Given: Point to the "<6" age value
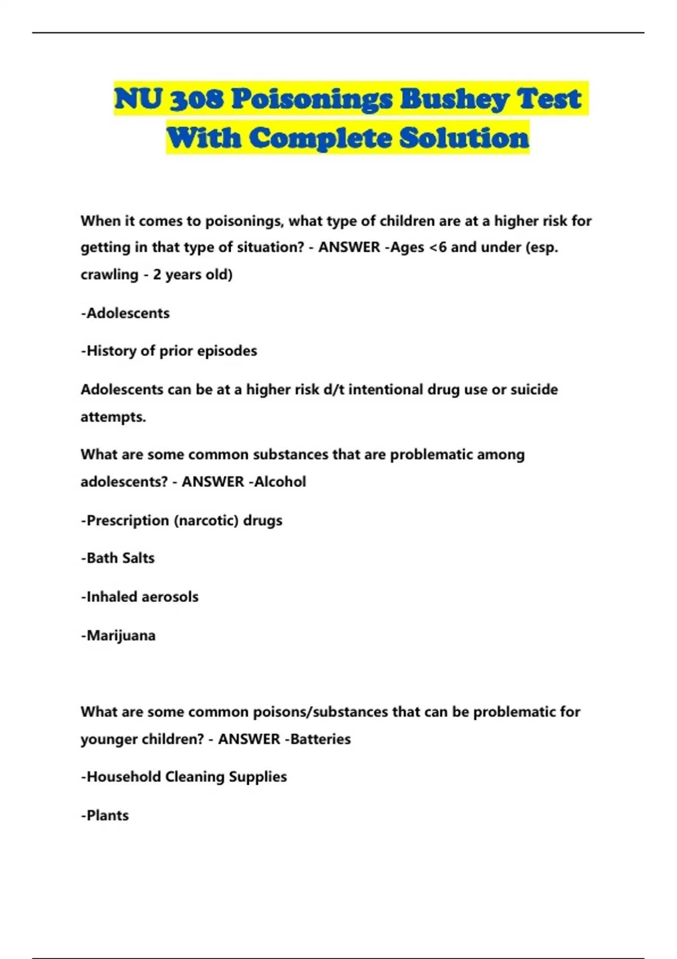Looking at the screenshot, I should pos(438,247).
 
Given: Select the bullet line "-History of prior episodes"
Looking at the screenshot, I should pos(169,351).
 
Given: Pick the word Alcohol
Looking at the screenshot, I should pos(280,482).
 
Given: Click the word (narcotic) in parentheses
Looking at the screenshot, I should pos(206,520).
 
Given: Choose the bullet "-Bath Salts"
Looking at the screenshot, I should pos(117,558).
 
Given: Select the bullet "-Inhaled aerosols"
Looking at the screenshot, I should pos(139,597).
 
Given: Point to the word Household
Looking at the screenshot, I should pos(124,777).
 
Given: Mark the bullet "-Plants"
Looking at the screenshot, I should pos(105,815).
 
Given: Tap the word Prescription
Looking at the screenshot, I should pos(128,520).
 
